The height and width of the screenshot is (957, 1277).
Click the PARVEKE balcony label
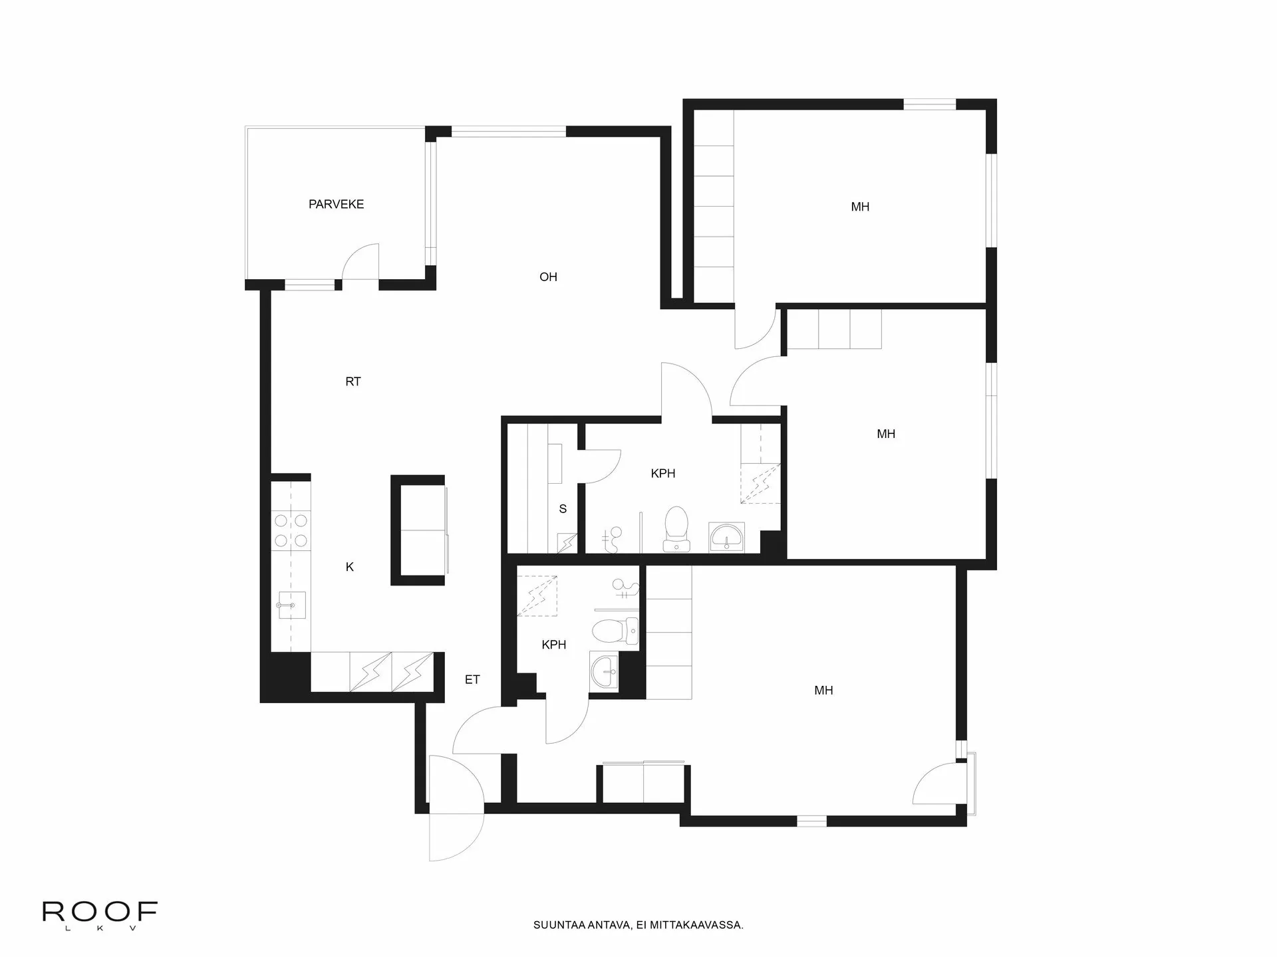(336, 205)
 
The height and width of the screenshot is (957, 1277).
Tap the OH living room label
(548, 277)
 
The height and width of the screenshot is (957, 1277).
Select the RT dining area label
(353, 381)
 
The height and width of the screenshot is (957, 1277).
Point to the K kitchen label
(350, 567)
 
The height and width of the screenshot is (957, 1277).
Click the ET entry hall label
(472, 680)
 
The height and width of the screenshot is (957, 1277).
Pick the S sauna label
(563, 509)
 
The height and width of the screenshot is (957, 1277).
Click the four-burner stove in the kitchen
(291, 530)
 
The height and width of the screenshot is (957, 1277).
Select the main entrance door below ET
(455, 808)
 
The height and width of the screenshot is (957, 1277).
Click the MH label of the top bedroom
(860, 207)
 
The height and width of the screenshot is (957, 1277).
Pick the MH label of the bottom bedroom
(823, 691)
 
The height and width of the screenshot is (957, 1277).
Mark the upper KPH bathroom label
(663, 474)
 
